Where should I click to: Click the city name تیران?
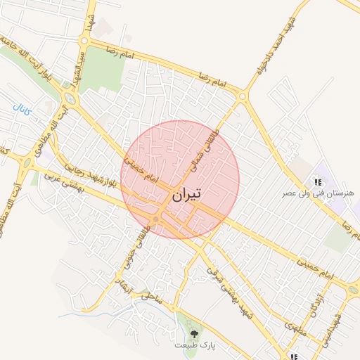coord(185,193)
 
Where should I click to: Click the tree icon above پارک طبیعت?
coord(194,333)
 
